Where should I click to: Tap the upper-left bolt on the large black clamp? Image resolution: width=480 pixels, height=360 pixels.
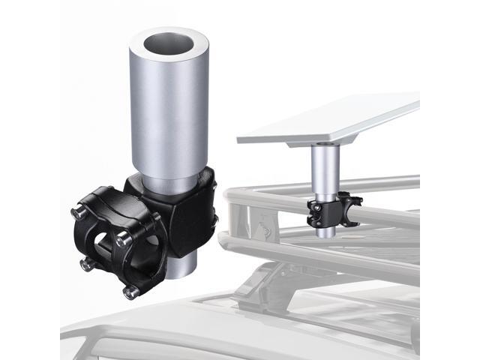(79, 214)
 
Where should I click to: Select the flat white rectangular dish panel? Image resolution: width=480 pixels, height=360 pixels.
(330, 120)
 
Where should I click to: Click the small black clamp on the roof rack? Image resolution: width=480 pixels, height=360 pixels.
(330, 209)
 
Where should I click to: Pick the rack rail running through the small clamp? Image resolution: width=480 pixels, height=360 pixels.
(390, 214)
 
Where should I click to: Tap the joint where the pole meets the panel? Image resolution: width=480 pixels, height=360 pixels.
(324, 143)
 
